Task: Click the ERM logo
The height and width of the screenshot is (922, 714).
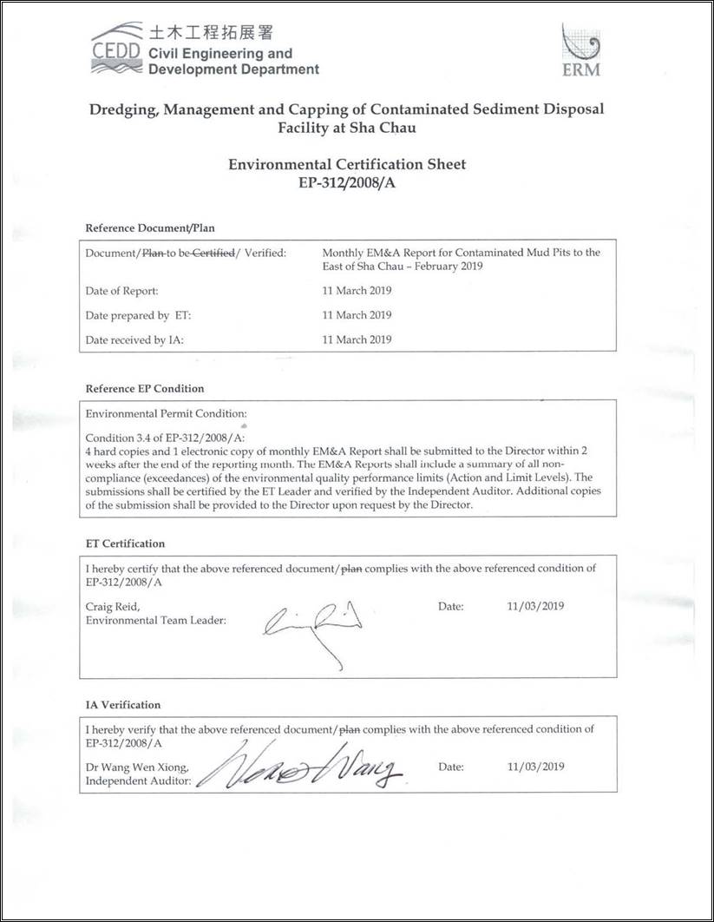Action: click(580, 49)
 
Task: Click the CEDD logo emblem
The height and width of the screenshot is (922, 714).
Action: click(117, 48)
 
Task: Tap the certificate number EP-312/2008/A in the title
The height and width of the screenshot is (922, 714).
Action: click(346, 183)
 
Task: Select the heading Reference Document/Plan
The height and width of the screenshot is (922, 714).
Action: click(150, 227)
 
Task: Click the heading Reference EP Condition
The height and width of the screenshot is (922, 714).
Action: click(145, 388)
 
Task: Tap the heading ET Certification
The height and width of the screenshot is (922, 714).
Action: click(125, 543)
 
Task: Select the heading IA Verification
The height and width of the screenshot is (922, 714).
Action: click(123, 705)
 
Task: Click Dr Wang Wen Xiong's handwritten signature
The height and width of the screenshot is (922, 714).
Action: click(299, 767)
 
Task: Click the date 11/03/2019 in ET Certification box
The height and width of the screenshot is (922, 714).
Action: click(535, 606)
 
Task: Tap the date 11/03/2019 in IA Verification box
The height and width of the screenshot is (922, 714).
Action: click(535, 767)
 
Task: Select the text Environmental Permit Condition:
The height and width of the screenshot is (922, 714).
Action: click(167, 413)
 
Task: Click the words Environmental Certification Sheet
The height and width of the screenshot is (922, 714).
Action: click(346, 164)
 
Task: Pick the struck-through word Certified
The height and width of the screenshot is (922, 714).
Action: click(213, 253)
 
